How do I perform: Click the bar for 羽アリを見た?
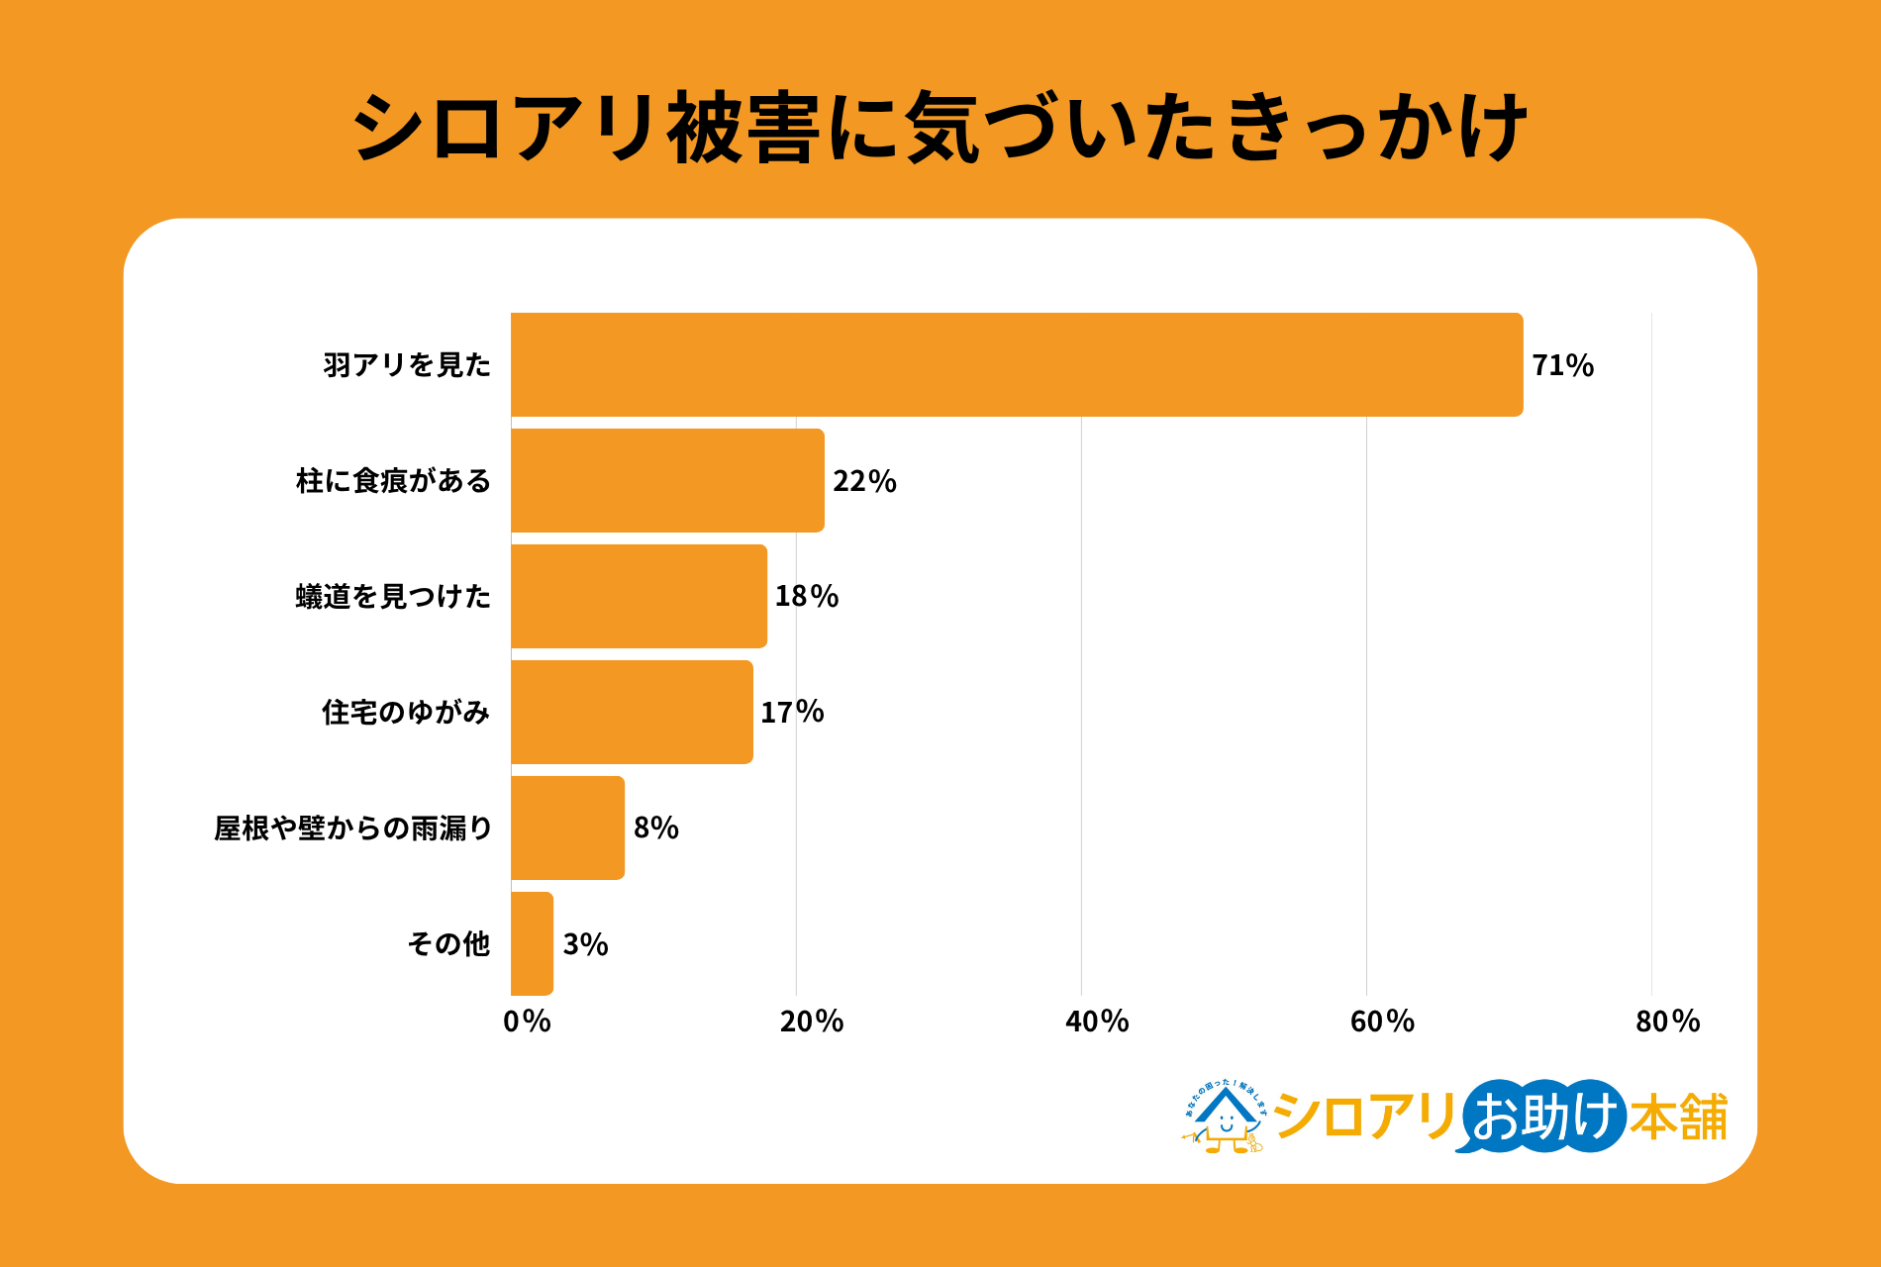coord(1017,364)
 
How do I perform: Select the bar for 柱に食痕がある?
coord(667,480)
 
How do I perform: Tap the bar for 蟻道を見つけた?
coord(639,596)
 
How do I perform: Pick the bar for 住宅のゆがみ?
coord(632,712)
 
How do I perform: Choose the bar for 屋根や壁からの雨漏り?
coord(567,828)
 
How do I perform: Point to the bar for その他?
coord(532,943)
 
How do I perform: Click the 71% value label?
coord(1562,365)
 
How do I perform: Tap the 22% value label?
coord(864,481)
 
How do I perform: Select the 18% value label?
coord(806,596)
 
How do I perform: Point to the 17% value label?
coord(792,712)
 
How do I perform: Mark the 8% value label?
coord(655,828)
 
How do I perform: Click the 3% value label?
coord(585,944)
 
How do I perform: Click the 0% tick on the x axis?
coord(527,1022)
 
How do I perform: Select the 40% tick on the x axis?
coord(1097,1022)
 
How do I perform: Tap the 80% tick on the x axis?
coord(1667,1022)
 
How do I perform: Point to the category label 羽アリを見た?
coord(407,365)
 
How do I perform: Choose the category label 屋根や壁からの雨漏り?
coord(353,828)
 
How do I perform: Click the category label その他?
coord(448,943)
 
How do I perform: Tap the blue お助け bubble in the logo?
coord(1542,1117)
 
